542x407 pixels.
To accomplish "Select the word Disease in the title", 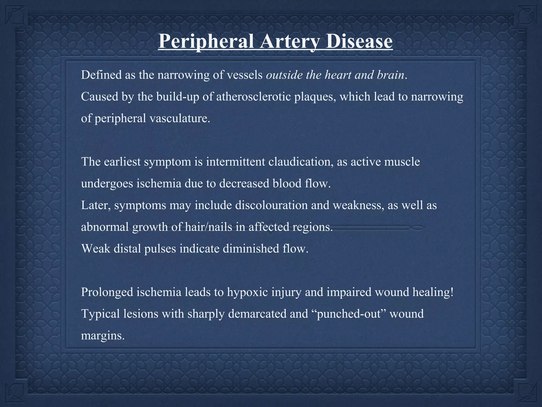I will pos(359,41).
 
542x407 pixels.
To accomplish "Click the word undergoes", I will pos(107,184).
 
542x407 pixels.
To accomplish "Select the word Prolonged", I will pos(107,292).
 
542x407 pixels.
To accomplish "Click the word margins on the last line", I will pos(102,336).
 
